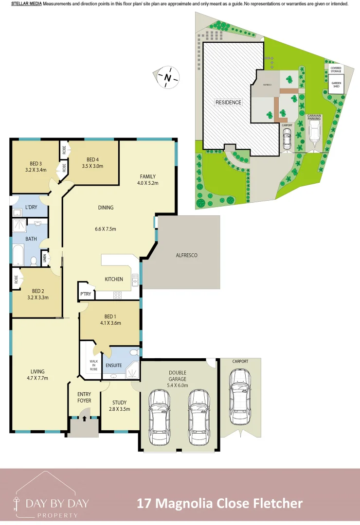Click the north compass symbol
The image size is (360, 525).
(168, 77)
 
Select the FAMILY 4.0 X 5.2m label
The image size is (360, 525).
(148, 179)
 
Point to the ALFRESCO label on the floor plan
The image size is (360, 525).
(186, 255)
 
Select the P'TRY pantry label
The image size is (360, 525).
(86, 294)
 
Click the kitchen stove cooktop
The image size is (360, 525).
(118, 295)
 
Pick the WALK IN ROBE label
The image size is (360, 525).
(93, 365)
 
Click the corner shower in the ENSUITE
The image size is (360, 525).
(132, 372)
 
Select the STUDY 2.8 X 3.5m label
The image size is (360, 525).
(119, 406)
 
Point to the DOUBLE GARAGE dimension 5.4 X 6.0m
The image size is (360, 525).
(178, 385)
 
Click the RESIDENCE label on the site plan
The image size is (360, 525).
(228, 103)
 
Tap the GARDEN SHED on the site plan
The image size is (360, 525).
(336, 85)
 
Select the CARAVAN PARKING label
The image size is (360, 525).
(314, 117)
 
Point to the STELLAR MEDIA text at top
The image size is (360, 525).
(26, 4)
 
